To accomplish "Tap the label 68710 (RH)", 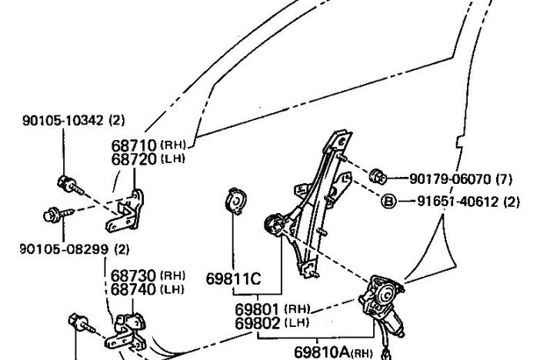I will (x=149, y=145).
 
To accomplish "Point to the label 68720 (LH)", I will (x=149, y=159).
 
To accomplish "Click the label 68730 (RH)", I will (x=148, y=275).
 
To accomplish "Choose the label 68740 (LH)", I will (x=148, y=289).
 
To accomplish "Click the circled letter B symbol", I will (x=388, y=202).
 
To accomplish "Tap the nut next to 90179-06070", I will (x=378, y=175).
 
